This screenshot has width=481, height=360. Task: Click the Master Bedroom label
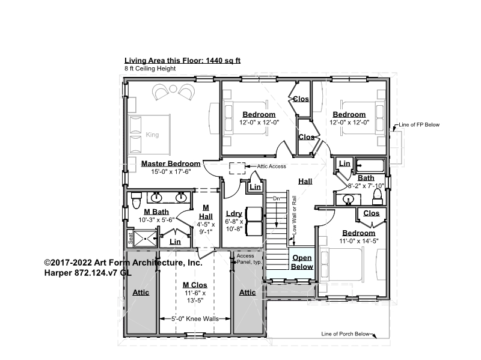[171, 163]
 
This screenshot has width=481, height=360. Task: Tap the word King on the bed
[152, 135]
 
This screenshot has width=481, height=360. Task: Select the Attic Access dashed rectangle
[237, 168]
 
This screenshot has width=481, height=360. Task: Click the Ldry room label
[234, 214]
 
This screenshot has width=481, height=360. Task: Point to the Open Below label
[302, 262]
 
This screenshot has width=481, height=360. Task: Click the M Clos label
[195, 285]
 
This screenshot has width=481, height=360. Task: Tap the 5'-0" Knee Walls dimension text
[195, 319]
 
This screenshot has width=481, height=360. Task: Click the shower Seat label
[130, 238]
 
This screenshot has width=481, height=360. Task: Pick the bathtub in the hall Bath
[370, 166]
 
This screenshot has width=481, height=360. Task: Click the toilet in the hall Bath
[378, 197]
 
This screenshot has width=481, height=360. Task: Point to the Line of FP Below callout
[419, 125]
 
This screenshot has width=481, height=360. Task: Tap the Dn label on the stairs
[277, 199]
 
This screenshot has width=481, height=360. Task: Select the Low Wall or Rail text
[294, 215]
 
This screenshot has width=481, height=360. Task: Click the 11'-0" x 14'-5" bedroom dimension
[358, 241]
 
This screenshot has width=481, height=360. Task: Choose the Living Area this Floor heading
[183, 61]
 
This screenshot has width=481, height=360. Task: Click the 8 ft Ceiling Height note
[150, 69]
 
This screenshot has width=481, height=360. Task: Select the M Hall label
[206, 212]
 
